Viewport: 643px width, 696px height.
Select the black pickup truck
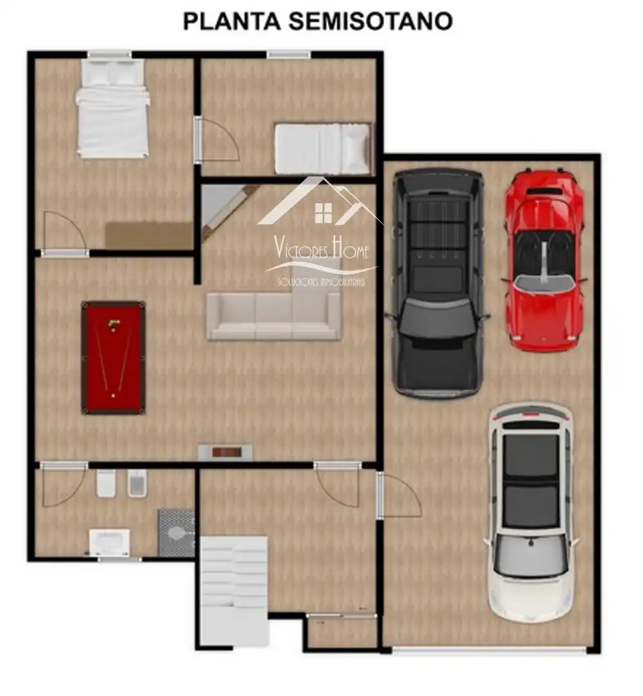coord(437,284)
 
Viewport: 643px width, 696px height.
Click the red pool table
coord(113,358)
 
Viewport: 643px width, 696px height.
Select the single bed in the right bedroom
coord(322,148)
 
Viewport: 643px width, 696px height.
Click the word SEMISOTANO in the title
coord(370,21)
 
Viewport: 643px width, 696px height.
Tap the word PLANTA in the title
coord(232,21)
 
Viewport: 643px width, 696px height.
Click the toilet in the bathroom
coord(106,483)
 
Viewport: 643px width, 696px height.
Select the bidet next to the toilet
coord(137,483)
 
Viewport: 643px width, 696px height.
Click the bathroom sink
coord(109,541)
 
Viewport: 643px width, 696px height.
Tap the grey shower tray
coord(177,533)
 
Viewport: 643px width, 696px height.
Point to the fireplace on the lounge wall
coord(225,452)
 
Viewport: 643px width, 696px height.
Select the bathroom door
coord(63,485)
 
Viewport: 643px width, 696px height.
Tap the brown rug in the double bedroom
coord(149,236)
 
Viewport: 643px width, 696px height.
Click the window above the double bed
coord(110,55)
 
